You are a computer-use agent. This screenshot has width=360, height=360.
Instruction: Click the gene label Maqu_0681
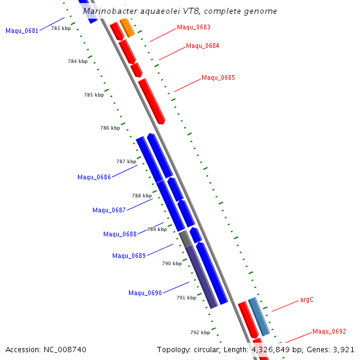(x=22, y=31)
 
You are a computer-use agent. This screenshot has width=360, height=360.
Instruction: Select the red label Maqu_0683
(x=194, y=28)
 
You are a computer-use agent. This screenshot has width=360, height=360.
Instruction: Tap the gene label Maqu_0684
(x=203, y=46)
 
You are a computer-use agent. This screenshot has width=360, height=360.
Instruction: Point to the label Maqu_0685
(x=218, y=77)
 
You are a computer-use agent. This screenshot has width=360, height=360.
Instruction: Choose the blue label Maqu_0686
(x=94, y=177)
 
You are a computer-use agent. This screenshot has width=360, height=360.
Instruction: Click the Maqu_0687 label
(x=109, y=210)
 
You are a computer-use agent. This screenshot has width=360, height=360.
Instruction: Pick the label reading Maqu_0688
(x=120, y=234)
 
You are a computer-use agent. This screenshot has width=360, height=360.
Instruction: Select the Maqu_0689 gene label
(x=129, y=256)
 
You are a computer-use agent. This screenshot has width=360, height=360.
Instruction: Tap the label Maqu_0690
(x=145, y=293)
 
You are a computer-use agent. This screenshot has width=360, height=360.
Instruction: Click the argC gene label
(x=307, y=300)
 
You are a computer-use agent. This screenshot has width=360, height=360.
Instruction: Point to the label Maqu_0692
(x=329, y=332)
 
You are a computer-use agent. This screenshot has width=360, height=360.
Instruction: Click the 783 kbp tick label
(x=61, y=28)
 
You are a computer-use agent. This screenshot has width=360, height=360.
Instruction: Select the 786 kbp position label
(x=110, y=128)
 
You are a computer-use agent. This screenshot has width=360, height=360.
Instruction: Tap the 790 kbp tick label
(x=172, y=263)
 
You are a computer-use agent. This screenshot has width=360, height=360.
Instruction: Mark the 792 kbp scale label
(x=200, y=332)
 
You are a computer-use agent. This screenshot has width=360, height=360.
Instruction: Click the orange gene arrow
(x=127, y=28)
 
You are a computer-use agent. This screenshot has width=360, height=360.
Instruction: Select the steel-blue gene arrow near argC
(x=259, y=316)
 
